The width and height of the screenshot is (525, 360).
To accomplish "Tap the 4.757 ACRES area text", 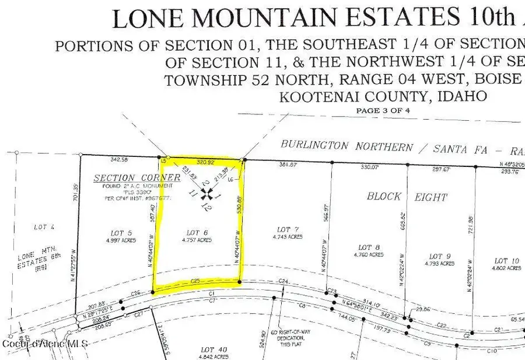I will point(196,240).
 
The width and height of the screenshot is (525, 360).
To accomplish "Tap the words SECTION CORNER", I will point(136,178).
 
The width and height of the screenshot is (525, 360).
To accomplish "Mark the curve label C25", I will point(197,281).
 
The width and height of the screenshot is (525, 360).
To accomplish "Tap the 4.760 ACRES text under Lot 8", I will point(369,255).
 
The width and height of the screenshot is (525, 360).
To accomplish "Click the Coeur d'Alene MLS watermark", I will point(45,344).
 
